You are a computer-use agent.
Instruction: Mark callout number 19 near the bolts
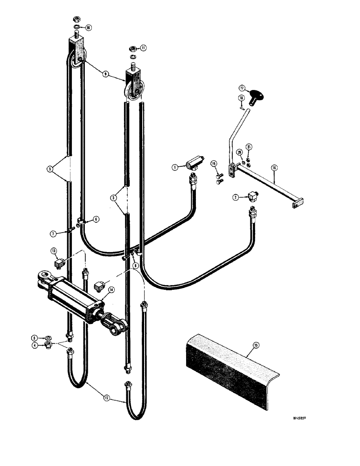click(214, 164)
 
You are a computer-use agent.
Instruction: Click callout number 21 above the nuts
click(249, 148)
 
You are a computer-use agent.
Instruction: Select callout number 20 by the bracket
click(239, 151)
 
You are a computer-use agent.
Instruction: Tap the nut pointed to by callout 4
click(48, 345)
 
